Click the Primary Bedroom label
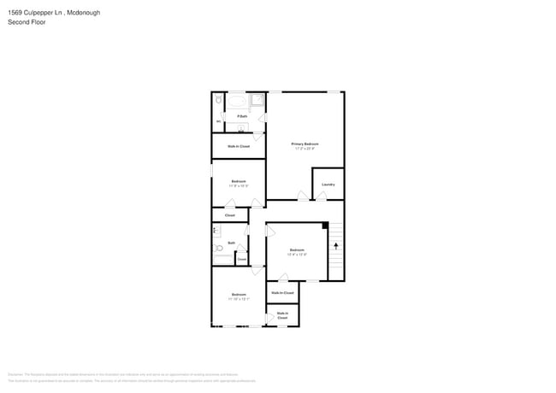[305, 144]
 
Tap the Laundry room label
[328, 185]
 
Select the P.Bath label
[243, 116]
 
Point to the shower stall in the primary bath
[256, 102]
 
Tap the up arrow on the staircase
[336, 246]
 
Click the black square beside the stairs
[325, 226]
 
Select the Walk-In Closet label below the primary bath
[239, 146]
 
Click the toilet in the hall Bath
[219, 249]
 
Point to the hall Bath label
[231, 243]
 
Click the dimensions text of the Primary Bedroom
[305, 149]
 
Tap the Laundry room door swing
[322, 196]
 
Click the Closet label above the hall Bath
[229, 215]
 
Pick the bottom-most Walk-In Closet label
[282, 315]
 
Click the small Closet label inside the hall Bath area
[242, 259]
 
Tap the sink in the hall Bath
[216, 230]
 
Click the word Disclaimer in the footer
[15, 374]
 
